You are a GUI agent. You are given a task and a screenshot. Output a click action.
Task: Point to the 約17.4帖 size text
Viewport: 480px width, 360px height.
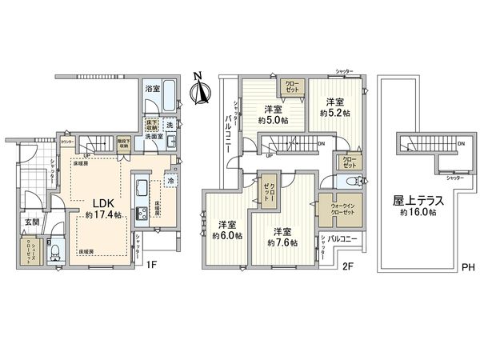tap(102, 215)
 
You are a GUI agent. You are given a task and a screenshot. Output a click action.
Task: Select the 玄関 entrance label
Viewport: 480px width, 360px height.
tap(31, 222)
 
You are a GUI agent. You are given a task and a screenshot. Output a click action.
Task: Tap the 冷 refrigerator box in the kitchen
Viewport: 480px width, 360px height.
tap(171, 182)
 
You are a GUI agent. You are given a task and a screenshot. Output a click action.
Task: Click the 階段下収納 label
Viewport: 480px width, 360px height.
tap(124, 145)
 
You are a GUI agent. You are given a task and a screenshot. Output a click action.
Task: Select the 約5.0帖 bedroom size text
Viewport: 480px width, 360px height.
tap(274, 121)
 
